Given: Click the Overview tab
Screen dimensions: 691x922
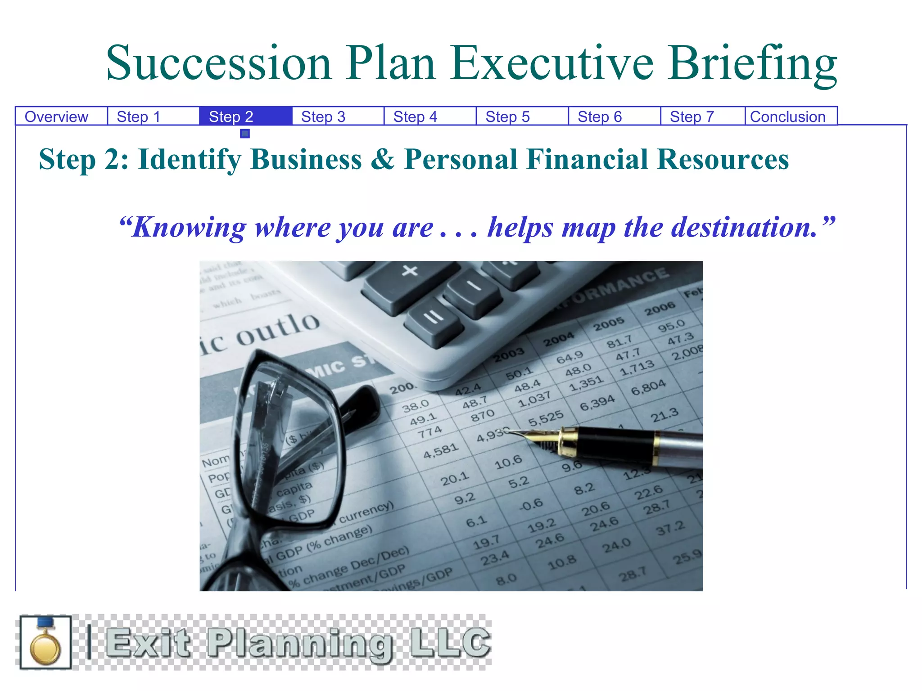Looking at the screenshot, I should (56, 117).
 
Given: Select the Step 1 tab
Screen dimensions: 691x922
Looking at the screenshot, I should (139, 117).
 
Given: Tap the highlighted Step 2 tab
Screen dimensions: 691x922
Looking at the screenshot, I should (231, 117).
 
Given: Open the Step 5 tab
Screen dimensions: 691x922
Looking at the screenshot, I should (507, 117).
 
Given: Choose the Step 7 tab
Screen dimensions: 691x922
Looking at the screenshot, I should (692, 117).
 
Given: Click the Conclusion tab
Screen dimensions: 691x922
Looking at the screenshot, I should (788, 117).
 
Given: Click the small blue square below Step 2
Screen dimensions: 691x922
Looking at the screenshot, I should (245, 134).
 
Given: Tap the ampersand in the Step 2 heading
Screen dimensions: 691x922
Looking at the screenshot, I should (382, 160).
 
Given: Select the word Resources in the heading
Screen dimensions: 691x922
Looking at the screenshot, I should (723, 160).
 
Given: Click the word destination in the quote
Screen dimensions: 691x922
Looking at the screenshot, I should (743, 228).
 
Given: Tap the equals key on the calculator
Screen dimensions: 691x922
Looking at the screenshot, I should (434, 318).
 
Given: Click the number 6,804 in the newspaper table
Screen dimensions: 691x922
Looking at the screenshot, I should (648, 387).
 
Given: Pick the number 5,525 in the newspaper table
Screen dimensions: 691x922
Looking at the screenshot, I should (546, 418).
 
